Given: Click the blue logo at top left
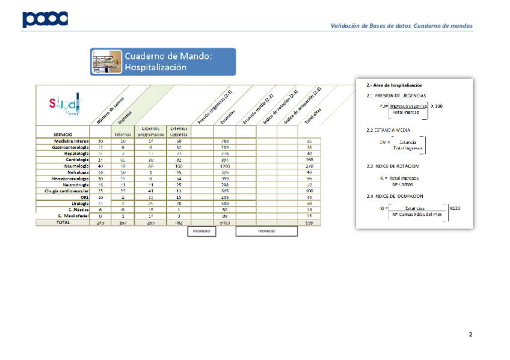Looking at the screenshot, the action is coord(45,20).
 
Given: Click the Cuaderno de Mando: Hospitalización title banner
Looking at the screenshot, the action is coord(165,61).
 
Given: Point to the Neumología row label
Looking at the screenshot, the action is coord(75,166).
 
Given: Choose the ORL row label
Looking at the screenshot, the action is coord(84,197).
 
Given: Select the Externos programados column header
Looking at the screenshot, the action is coord(150,132).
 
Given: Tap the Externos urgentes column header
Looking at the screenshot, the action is coord(179,132).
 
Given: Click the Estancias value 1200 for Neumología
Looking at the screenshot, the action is coord(225,166).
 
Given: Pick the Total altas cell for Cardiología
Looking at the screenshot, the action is coord(309,159).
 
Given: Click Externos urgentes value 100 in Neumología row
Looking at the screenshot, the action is coord(179,166).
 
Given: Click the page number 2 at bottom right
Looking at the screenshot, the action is coord(470,334).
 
